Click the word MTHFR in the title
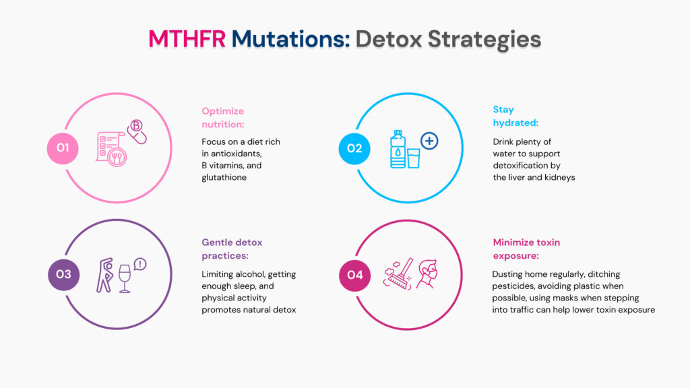pos(187,38)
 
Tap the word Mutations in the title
pos(290,38)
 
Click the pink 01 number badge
pos(63,148)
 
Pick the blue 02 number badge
pos(354,149)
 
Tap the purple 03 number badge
pos(64,275)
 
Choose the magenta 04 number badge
pos(354,276)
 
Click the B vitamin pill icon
pos(137,131)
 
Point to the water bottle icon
pos(398,149)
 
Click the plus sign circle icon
pos(429,141)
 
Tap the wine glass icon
pos(125,278)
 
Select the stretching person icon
pos(104,276)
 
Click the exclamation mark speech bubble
pos(140,264)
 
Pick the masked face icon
pos(427,274)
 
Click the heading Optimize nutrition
pos(223,117)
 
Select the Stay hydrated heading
pos(515,116)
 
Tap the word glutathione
pos(224,177)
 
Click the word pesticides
pos(513,286)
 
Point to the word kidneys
pos(561,178)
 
